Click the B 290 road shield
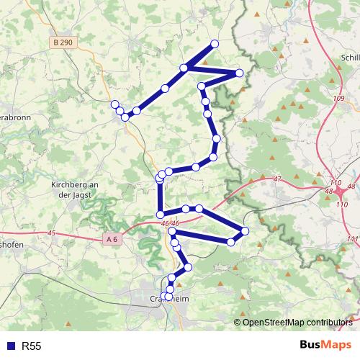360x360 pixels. coord(63,44)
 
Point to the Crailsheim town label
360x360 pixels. coord(168,298)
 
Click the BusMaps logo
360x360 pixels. coord(326,345)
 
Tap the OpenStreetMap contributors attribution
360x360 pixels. coord(297,322)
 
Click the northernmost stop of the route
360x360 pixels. coord(214,44)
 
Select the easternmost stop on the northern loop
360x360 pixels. coord(240,73)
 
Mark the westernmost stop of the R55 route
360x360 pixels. coord(114,104)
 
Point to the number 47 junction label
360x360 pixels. coord(278,179)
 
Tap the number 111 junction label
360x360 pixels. coord(351,238)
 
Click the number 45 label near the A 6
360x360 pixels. coord(50,233)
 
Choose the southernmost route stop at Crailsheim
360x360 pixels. coord(168,296)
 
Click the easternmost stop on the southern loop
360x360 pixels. coord(245,231)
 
